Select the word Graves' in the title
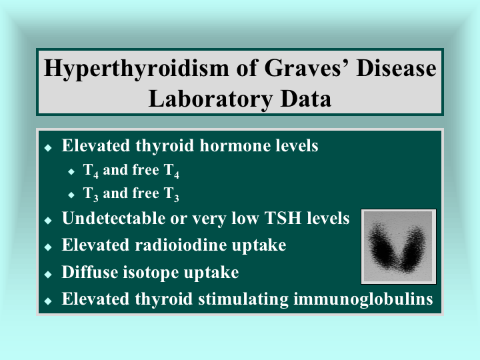pyautogui.click(x=307, y=69)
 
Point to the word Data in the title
pyautogui.click(x=306, y=99)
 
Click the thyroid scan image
pyautogui.click(x=399, y=247)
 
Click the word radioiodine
pyautogui.click(x=181, y=245)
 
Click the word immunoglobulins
pyautogui.click(x=363, y=299)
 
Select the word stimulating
pyautogui.click(x=243, y=299)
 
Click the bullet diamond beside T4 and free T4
pyautogui.click(x=71, y=171)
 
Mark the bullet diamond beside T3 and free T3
pyautogui.click(x=71, y=195)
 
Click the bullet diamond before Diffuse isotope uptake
pyautogui.click(x=48, y=274)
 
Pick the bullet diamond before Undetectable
pyautogui.click(x=48, y=221)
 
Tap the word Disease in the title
pyautogui.click(x=397, y=68)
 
